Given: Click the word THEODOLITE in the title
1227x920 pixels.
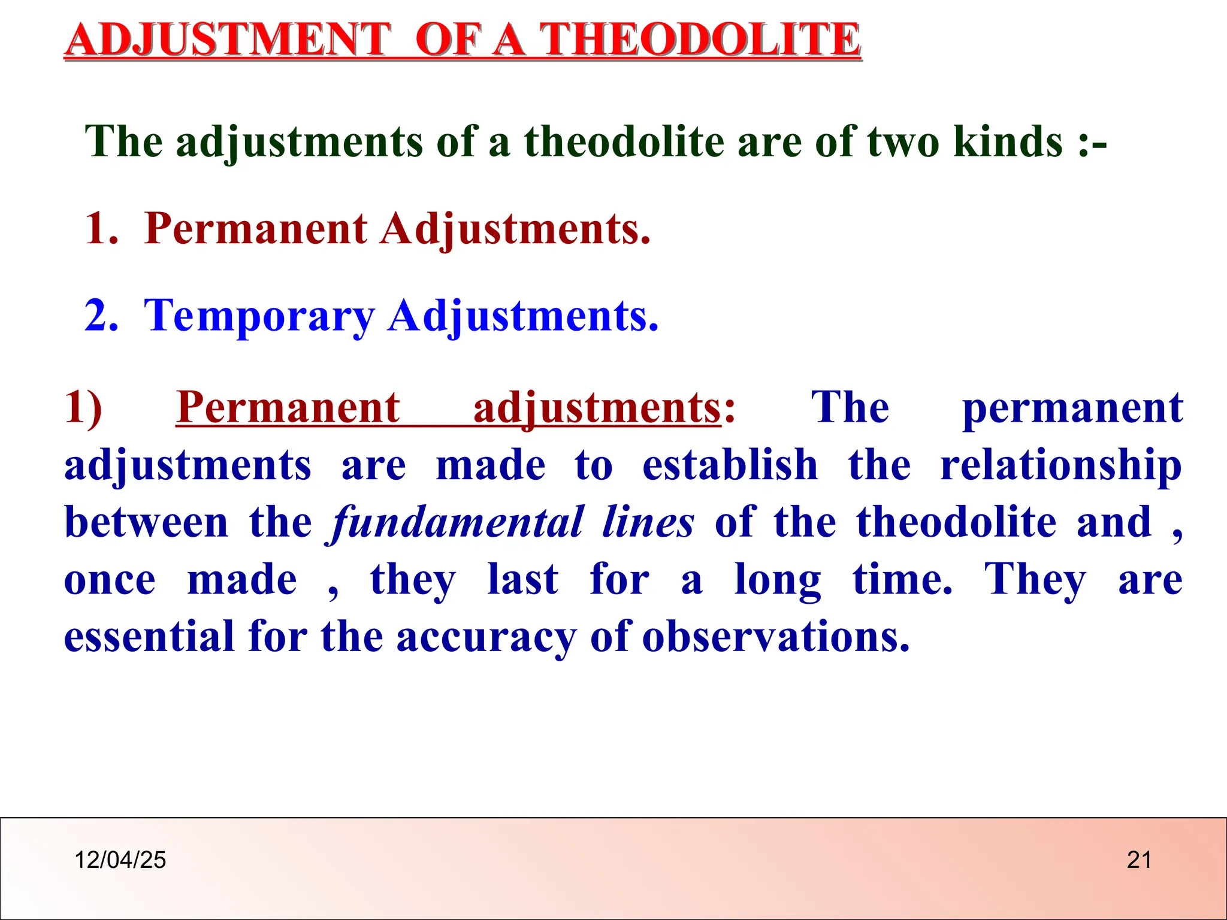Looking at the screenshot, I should [700, 40].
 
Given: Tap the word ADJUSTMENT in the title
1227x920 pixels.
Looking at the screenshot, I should [228, 40].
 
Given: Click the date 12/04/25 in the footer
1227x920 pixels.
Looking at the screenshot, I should [120, 860].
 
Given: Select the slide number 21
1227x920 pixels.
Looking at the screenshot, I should [1139, 860].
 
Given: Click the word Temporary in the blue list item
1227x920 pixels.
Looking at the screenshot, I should [259, 316].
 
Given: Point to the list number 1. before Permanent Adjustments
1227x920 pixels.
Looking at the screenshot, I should [101, 229].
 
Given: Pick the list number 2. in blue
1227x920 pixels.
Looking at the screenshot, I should [101, 316].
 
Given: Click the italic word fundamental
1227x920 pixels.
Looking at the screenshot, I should [455, 522].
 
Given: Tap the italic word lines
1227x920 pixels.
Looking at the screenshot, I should [648, 522].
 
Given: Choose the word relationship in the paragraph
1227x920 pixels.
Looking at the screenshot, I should [1061, 466].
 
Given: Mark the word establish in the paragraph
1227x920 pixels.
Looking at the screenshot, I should [730, 466].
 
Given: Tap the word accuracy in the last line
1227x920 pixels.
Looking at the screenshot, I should [486, 637].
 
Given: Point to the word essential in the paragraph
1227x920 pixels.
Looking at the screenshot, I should [149, 636].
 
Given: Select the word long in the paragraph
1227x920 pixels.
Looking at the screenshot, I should [778, 580].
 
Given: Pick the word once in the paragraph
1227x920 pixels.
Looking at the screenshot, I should [110, 580].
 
